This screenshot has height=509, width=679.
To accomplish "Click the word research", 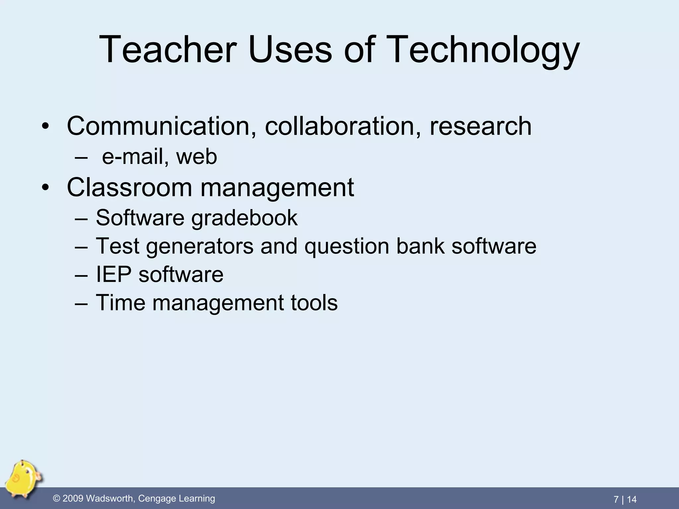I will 480,126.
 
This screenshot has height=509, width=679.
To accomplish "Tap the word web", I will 197,157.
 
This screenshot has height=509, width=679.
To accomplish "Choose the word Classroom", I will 129,188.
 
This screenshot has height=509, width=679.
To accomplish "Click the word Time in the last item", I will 120,303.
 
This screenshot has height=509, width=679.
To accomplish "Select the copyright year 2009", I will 73,499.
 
